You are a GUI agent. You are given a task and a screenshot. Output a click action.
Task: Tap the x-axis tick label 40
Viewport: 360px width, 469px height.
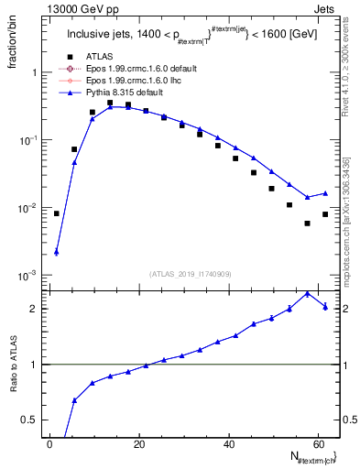[x=229, y=444]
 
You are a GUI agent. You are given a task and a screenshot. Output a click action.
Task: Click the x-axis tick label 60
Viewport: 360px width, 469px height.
[x=318, y=444]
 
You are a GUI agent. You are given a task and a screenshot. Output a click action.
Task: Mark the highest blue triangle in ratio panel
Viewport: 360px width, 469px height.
[x=308, y=293]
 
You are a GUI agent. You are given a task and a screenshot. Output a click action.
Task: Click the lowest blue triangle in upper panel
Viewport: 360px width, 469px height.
[x=57, y=252]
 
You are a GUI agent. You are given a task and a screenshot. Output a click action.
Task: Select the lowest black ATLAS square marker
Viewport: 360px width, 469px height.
[x=308, y=223]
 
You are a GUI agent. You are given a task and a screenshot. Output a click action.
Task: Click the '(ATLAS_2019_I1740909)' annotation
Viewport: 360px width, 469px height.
[x=191, y=274]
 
